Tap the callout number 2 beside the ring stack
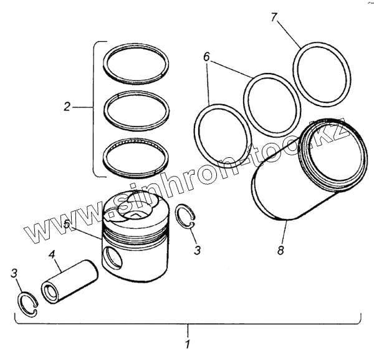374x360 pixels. click(67, 107)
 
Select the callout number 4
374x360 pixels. click(53, 255)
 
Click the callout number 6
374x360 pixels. click(207, 57)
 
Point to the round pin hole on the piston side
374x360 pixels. click(114, 256)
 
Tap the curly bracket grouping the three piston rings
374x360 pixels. click(95, 108)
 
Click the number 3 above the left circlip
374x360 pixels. click(14, 273)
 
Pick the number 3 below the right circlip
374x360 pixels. click(198, 250)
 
